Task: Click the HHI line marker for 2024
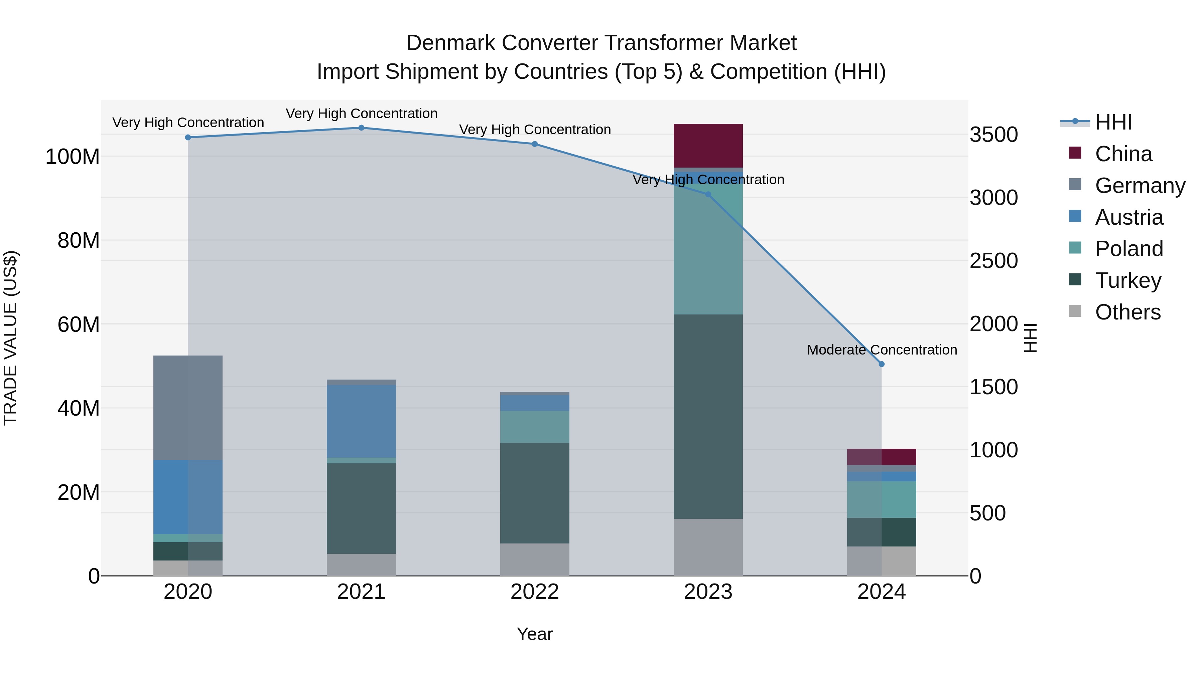pos(881,364)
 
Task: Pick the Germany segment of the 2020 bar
pos(188,408)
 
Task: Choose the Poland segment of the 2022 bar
pos(534,427)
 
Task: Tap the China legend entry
pos(1123,154)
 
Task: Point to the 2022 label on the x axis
pos(534,592)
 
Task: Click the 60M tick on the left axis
pos(79,324)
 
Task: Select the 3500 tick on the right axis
pos(993,135)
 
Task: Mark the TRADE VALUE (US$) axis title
pos(10,338)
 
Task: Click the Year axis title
pos(534,634)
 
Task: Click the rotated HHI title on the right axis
pos(1030,338)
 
